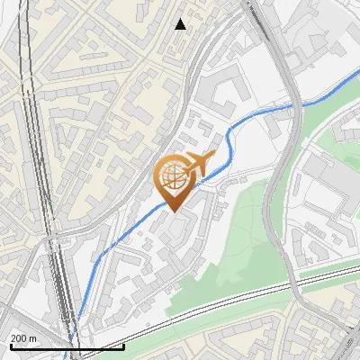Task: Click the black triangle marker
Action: click(x=181, y=24)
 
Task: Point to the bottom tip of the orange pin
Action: click(x=171, y=212)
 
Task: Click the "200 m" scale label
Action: click(x=23, y=338)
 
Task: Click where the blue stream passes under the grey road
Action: click(x=293, y=105)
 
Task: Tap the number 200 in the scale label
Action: click(x=18, y=338)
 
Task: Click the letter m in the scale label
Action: click(x=33, y=338)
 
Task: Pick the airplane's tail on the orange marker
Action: click(x=212, y=157)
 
